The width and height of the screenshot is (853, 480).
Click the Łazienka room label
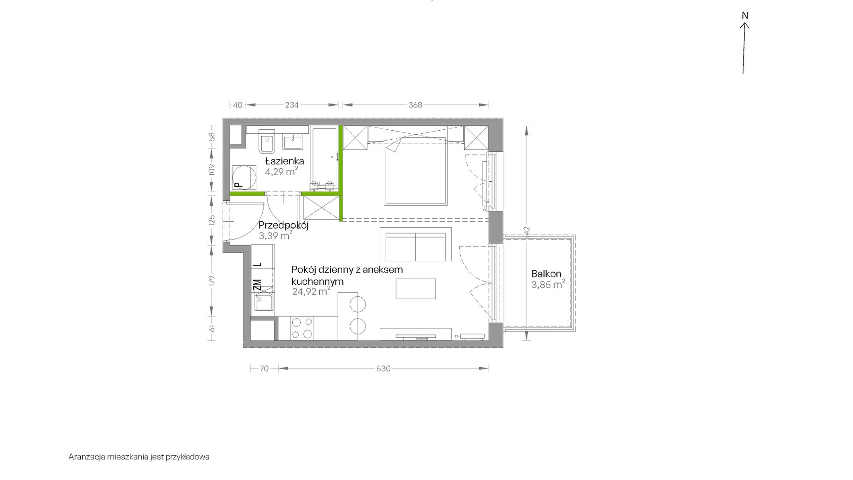tap(284, 161)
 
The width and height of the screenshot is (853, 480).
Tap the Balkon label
tap(546, 273)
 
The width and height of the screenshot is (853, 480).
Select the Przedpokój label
tap(283, 225)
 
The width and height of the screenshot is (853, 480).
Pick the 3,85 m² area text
tap(548, 285)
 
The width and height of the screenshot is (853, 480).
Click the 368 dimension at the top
tap(415, 105)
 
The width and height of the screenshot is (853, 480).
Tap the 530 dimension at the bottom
tap(383, 369)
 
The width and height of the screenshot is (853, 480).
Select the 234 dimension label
tap(292, 105)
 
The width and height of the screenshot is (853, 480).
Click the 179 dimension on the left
tap(212, 281)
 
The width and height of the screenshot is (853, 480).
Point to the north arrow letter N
tap(745, 16)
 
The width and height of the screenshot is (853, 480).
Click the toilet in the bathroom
tap(267, 140)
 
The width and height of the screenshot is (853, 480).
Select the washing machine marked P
tap(244, 177)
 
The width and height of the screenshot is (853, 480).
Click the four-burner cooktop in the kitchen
tap(302, 328)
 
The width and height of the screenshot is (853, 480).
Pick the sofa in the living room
tap(415, 244)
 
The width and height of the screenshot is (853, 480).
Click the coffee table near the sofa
tap(416, 289)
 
